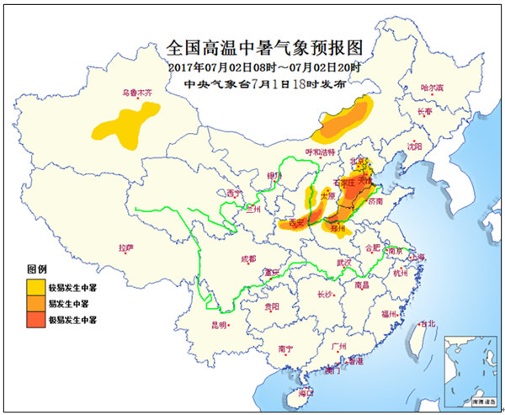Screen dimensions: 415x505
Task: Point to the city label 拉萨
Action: pyautogui.click(x=125, y=247)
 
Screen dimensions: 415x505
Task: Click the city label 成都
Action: pyautogui.click(x=247, y=258)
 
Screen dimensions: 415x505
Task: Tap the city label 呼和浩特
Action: pyautogui.click(x=320, y=152)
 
